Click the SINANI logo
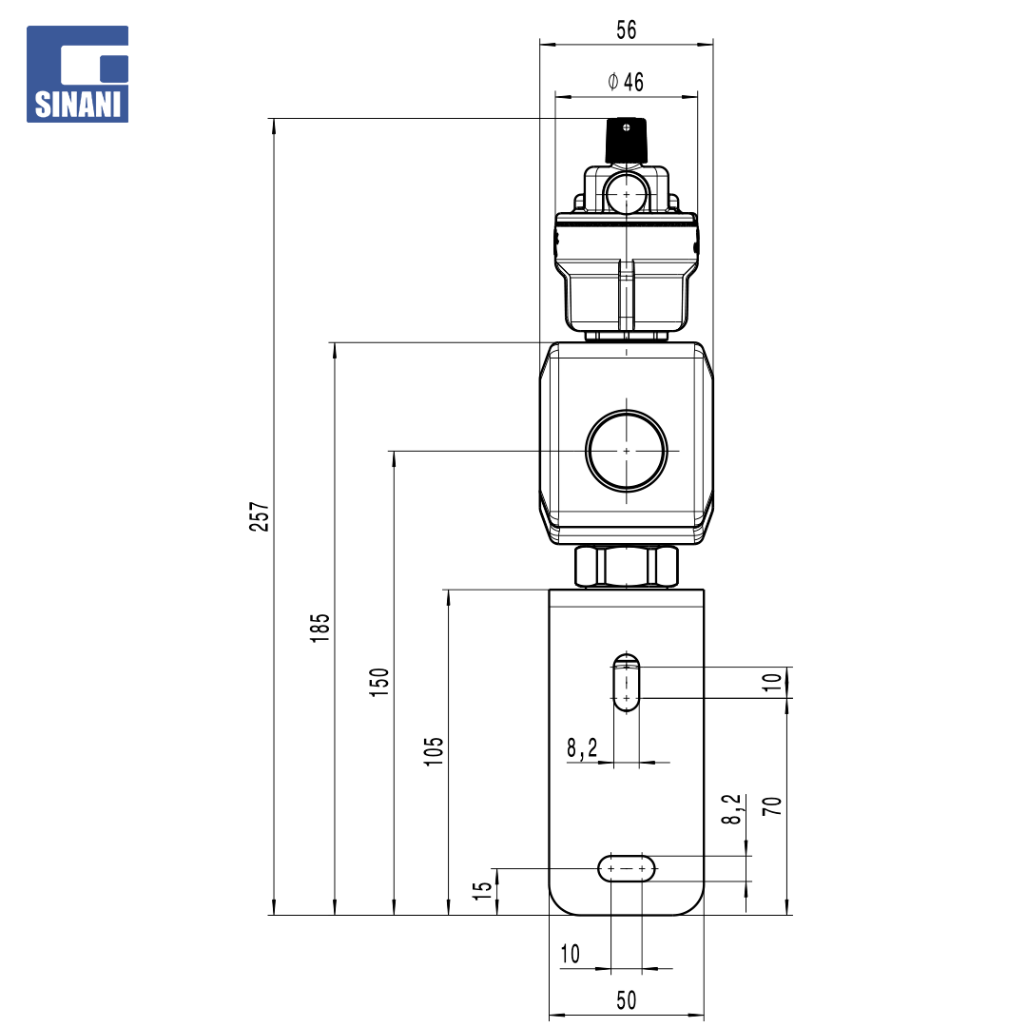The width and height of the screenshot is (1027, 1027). coord(77,74)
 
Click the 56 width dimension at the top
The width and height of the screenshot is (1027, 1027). coord(626,30)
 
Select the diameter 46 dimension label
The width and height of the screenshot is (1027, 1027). coord(626,82)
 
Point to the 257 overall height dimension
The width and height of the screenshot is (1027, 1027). coord(260,516)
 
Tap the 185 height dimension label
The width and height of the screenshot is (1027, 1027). coord(320,628)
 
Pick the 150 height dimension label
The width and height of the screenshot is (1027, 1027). coord(379,682)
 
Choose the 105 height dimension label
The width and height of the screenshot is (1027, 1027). coord(434,751)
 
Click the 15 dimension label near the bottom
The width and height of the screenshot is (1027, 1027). coord(482,890)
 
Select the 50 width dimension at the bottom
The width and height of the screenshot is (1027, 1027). coord(626,1000)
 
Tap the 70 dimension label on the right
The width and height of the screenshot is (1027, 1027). coord(772,805)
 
